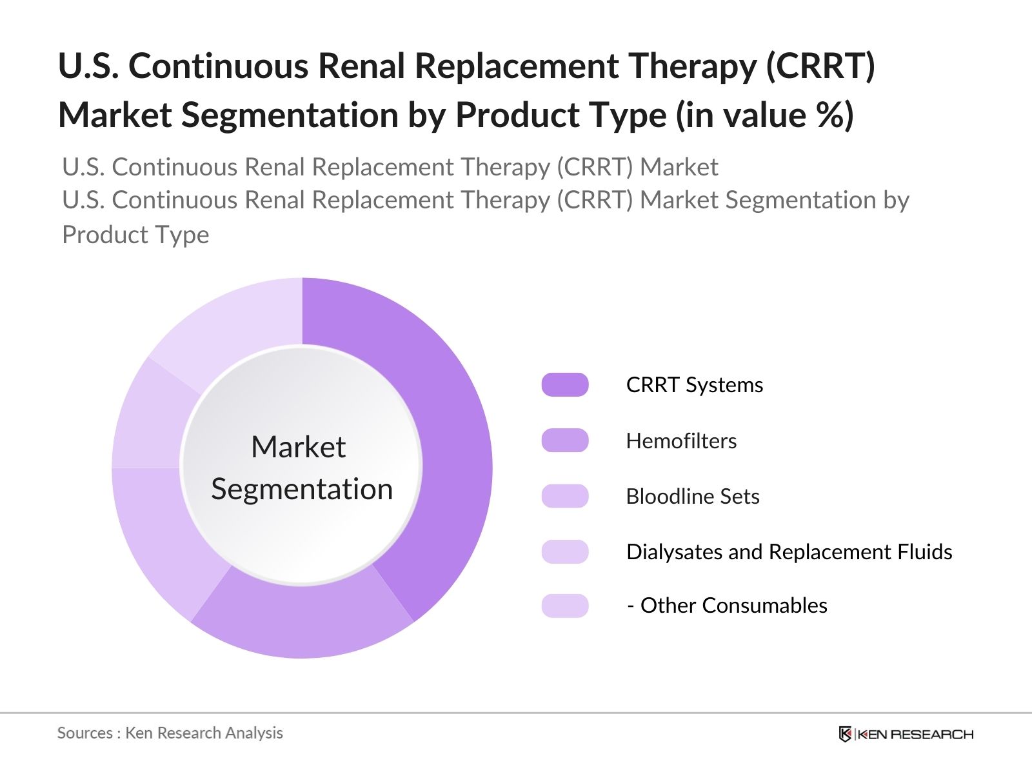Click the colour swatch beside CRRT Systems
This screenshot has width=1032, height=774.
point(565,384)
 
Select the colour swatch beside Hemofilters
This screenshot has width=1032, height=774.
point(565,441)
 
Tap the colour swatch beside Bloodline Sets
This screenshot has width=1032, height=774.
point(565,496)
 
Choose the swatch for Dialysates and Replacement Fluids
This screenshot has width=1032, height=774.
point(565,551)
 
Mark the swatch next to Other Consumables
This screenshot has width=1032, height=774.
point(565,606)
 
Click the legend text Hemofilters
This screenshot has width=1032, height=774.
point(681,441)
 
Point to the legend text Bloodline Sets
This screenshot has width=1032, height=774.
point(693,496)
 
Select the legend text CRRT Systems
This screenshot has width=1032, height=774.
point(695,384)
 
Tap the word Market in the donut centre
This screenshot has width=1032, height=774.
point(298,446)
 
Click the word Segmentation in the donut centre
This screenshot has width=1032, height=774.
point(302,489)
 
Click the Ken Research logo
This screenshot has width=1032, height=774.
point(906,734)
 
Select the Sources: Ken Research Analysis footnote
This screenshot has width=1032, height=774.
point(170,733)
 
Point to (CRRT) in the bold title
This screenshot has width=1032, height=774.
point(820,66)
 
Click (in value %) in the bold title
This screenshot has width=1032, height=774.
point(765,115)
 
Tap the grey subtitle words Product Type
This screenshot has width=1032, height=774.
point(135,234)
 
